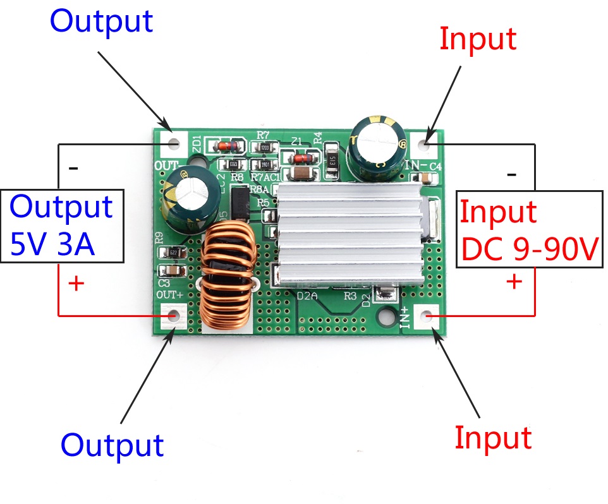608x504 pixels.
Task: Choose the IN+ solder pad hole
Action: (x=427, y=315)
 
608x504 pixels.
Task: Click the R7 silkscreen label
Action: (x=264, y=135)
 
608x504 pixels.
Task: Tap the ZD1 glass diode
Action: (x=224, y=147)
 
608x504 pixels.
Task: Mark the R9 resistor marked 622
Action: (x=178, y=253)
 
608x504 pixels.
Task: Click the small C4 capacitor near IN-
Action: (x=434, y=179)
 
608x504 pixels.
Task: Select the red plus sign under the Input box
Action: (x=515, y=282)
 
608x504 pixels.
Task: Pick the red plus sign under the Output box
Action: (x=75, y=284)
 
